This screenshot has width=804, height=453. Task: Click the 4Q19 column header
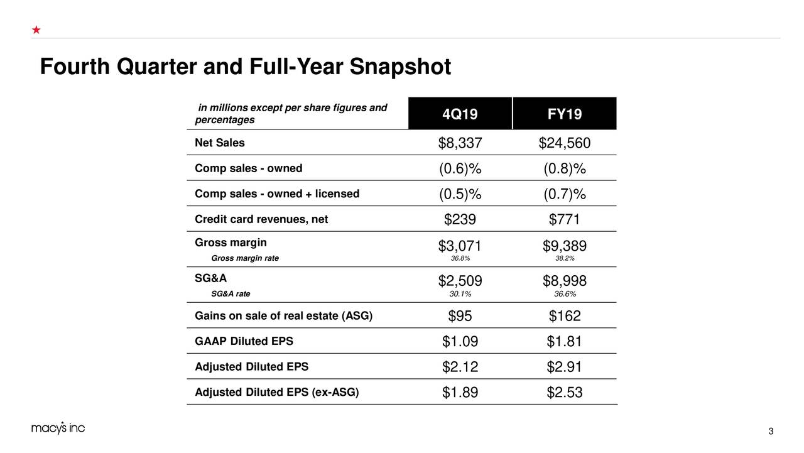460,114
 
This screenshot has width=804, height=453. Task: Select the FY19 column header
564,114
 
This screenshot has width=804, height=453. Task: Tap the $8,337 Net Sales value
460,144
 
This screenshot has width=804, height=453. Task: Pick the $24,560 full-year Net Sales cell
564,144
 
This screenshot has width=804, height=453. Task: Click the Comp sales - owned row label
248,168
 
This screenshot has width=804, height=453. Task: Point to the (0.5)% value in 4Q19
460,194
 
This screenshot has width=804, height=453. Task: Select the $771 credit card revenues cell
564,220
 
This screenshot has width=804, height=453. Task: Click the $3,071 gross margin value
460,246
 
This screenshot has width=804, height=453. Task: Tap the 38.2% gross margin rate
564,258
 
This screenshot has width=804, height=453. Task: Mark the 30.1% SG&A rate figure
460,293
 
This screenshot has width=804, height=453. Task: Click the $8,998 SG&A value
564,281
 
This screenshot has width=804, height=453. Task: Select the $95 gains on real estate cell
460,316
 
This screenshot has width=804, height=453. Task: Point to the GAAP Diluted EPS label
244,342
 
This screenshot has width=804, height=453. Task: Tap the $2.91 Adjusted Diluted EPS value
564,367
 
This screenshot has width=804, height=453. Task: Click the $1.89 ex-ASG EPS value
460,393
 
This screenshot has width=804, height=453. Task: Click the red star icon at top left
36,30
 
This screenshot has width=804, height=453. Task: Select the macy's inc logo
58,428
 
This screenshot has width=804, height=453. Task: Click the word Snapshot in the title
399,67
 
